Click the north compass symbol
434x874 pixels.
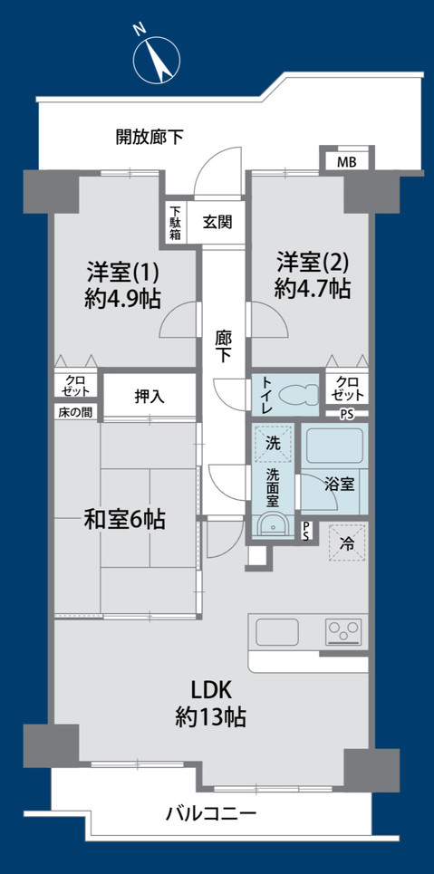pos(157,59)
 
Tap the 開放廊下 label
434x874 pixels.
pos(149,137)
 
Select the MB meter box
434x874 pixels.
pos(346,163)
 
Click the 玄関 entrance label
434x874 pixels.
pos(217,223)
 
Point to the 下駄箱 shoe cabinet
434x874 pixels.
pos(176,223)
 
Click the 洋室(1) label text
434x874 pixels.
pos(122,273)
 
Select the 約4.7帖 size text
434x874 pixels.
pos(313,288)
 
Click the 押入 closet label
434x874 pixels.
pos(149,397)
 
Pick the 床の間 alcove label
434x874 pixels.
pos(75,413)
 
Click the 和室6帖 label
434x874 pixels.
pos(124,520)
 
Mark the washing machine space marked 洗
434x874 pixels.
pos(273,443)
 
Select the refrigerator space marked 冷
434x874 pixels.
pos(347,543)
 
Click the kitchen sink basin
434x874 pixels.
pos(276,631)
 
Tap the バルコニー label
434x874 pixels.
pos(211,814)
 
